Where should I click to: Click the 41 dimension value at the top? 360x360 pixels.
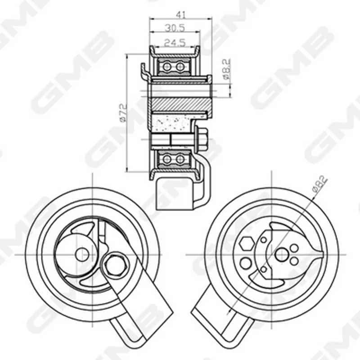click(x=180, y=15)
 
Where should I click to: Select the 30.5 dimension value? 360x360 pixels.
click(x=175, y=28)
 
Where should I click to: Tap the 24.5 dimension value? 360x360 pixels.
click(x=175, y=43)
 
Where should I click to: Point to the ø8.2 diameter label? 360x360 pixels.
click(x=226, y=69)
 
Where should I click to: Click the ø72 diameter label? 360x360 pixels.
click(x=123, y=113)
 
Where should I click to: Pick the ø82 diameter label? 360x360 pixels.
click(x=319, y=183)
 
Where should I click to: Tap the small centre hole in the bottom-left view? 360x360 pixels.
click(x=82, y=255)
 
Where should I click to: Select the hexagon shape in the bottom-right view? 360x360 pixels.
click(x=246, y=244)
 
